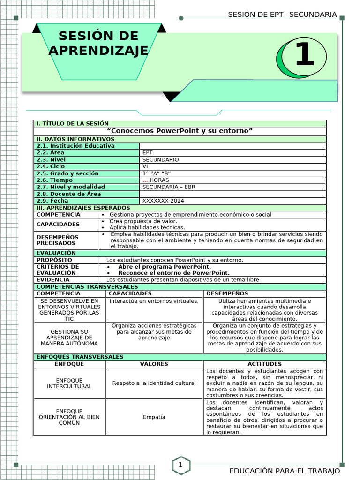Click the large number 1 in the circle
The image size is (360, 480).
(304, 55)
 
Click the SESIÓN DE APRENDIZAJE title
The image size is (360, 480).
(98, 43)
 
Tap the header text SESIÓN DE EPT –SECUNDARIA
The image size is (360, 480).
(282, 15)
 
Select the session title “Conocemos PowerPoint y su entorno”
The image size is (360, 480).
(180, 130)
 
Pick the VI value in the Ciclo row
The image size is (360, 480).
(145, 166)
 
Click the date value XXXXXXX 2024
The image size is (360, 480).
(163, 201)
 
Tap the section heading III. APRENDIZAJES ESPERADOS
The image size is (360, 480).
(83, 208)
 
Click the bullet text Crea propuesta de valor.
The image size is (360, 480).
(143, 221)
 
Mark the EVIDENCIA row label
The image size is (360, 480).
(53, 280)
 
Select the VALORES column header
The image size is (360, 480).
(154, 364)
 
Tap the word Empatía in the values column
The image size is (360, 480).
(154, 417)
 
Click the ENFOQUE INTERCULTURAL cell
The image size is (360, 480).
(69, 383)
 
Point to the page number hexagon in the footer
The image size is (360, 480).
(180, 465)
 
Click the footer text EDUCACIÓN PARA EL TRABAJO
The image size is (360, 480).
(284, 471)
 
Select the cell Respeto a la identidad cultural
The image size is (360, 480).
(154, 383)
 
